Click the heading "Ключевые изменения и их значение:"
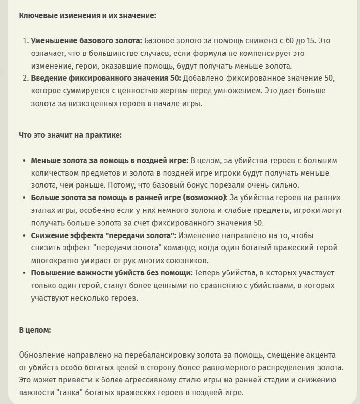point(87,16)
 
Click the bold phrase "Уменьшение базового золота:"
point(86,41)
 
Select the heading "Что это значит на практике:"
point(70,135)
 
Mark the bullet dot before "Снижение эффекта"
point(24,236)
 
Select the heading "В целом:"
point(35,330)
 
